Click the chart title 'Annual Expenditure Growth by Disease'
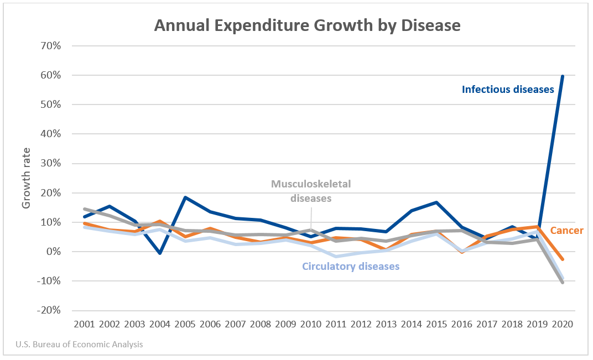coord(307,25)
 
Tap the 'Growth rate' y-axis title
coord(26,178)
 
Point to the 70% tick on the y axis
coord(49,45)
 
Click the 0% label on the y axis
coord(53,252)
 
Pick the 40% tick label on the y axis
coord(49,134)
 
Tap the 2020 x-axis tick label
coord(563,324)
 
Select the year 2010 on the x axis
coord(311,324)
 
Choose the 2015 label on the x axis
coord(436,324)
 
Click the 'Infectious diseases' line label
coord(508,89)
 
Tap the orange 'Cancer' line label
coord(567,230)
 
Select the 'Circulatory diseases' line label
coord(351,267)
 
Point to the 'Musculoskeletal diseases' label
coord(311,191)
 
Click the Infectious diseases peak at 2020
coord(563,76)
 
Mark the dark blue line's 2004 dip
coord(160,253)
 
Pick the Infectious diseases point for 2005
coord(185,197)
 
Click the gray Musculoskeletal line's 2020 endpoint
coord(563,282)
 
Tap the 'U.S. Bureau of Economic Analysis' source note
coord(79,344)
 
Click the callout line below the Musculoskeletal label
coord(311,216)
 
